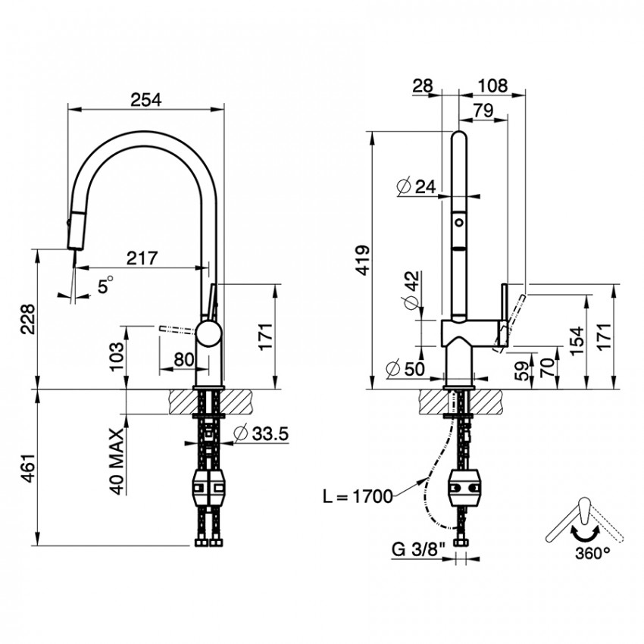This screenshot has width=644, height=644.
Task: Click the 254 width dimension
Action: (146, 100)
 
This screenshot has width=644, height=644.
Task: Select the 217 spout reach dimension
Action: (142, 258)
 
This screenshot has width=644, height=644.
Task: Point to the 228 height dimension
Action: (29, 320)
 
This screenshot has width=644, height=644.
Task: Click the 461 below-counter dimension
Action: (29, 468)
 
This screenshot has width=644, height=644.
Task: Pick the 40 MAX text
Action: (117, 461)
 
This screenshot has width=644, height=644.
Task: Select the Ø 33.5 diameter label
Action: (261, 433)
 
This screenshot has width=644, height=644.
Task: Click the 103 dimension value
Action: (117, 356)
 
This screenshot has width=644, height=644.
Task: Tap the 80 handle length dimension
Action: (183, 359)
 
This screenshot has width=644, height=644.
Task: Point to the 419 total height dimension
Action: (363, 261)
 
